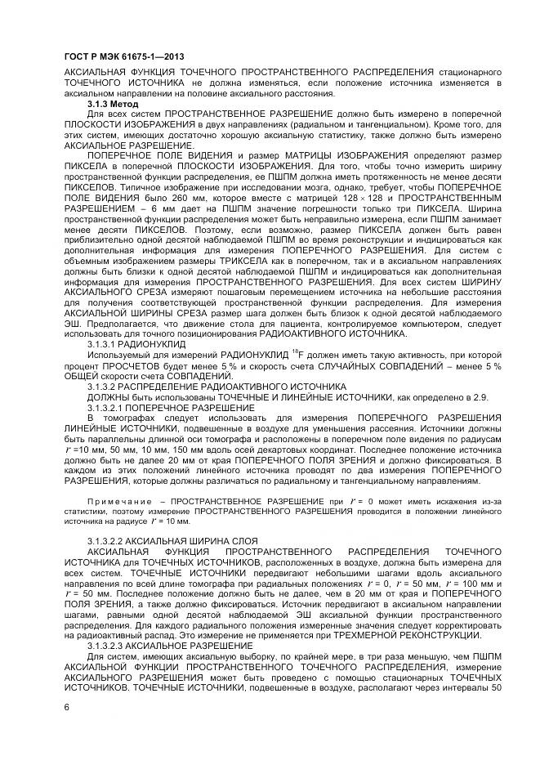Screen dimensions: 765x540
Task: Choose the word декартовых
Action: [304, 450]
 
